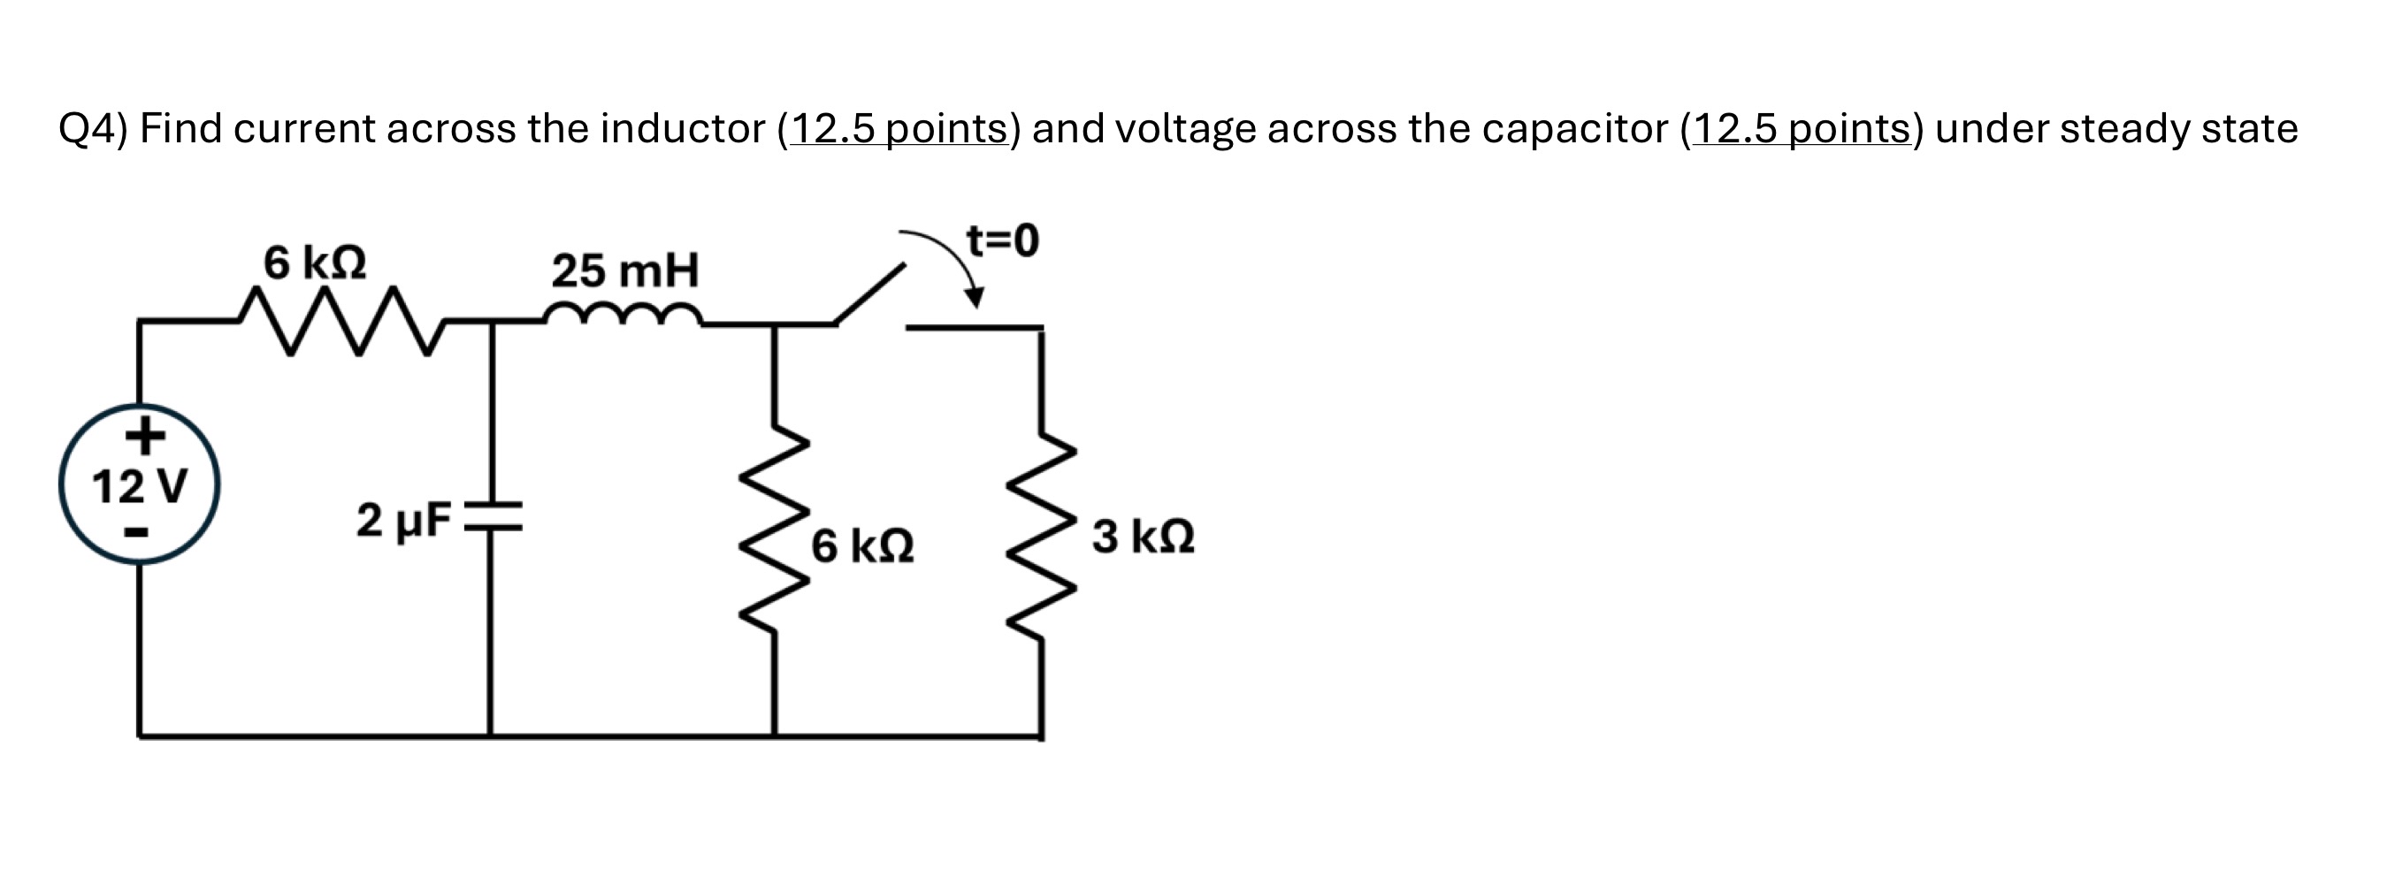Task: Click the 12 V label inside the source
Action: tap(140, 486)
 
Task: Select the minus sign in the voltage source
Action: tap(137, 533)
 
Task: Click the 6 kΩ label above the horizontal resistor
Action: tap(314, 263)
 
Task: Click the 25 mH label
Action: tap(625, 271)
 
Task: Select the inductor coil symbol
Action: tap(624, 315)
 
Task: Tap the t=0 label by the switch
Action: tap(1003, 241)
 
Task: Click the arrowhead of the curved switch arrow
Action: tap(974, 297)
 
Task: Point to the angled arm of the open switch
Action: tap(869, 293)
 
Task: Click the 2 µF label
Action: tap(403, 521)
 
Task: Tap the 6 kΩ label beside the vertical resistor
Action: tap(862, 546)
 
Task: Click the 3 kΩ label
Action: tap(1143, 537)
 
